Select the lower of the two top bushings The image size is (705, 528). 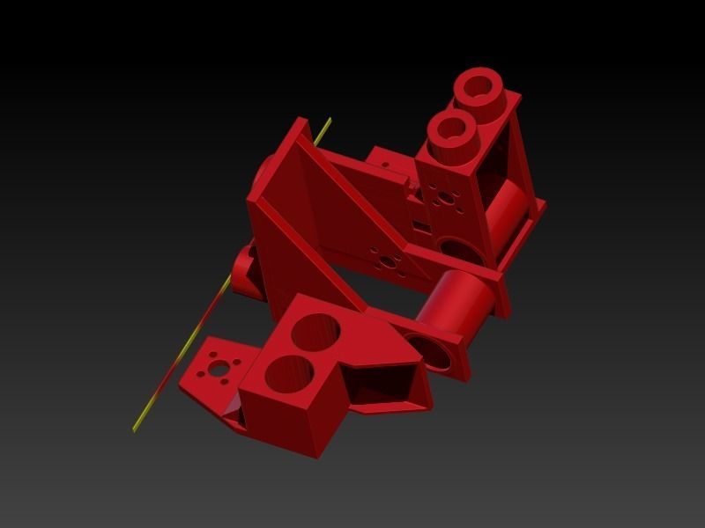(452, 129)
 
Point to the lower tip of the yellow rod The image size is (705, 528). (135, 429)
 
